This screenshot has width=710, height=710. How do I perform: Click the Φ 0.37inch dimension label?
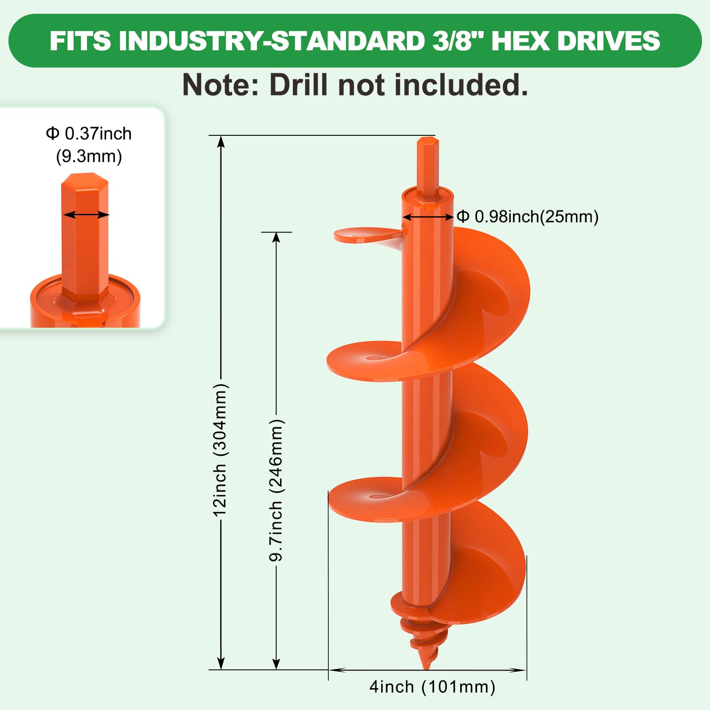click(x=89, y=134)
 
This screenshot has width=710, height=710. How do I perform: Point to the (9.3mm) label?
click(x=89, y=157)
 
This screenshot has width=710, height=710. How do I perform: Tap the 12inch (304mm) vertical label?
click(x=220, y=449)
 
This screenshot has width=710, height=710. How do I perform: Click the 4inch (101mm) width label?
click(x=433, y=687)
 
